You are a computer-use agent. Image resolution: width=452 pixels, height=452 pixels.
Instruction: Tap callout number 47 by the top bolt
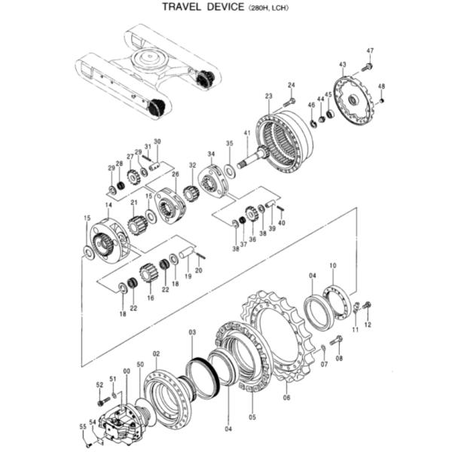[x=370, y=50]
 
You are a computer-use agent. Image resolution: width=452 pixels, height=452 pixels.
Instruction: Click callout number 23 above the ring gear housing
[x=268, y=96]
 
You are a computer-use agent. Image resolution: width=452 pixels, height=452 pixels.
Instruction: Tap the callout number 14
[x=108, y=205]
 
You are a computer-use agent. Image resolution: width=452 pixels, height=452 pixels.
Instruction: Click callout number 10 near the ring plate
[x=334, y=265]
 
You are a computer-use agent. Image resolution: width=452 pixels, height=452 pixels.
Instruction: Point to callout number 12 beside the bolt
[x=368, y=325]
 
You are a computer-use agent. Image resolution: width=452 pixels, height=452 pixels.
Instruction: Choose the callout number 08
[x=339, y=359]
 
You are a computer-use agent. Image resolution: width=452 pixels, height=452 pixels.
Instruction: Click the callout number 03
[x=191, y=332]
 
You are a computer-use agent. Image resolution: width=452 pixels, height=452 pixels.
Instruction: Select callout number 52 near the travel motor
[x=99, y=384]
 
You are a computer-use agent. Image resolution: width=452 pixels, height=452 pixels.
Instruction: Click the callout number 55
[x=83, y=426]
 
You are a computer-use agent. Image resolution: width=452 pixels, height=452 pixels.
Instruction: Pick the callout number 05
[x=252, y=417]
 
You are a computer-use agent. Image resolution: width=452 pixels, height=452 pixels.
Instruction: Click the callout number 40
[x=282, y=223]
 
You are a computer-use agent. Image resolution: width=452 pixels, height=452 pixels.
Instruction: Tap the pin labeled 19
[x=185, y=264]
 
